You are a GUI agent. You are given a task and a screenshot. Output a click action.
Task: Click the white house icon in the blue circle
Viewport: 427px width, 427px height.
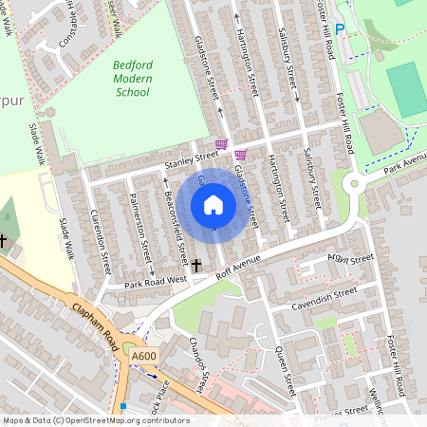tap(213, 205)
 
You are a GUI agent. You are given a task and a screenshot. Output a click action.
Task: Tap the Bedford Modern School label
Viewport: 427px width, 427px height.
tap(131, 79)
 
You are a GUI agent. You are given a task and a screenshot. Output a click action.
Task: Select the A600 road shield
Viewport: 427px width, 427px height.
tap(144, 356)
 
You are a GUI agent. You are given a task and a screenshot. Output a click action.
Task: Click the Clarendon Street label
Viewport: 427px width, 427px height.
tap(105, 248)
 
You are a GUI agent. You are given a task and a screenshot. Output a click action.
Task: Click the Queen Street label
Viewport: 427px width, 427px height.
tap(280, 362)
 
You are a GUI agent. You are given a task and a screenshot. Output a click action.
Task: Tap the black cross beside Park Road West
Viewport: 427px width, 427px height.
tap(197, 267)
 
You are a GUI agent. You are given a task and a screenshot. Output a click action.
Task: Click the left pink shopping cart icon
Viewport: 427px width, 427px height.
tap(221, 144)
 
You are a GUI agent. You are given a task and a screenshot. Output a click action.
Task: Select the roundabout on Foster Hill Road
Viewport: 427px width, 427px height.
tap(355, 184)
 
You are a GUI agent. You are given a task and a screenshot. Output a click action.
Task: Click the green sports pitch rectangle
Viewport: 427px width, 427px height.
tap(406, 90)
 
